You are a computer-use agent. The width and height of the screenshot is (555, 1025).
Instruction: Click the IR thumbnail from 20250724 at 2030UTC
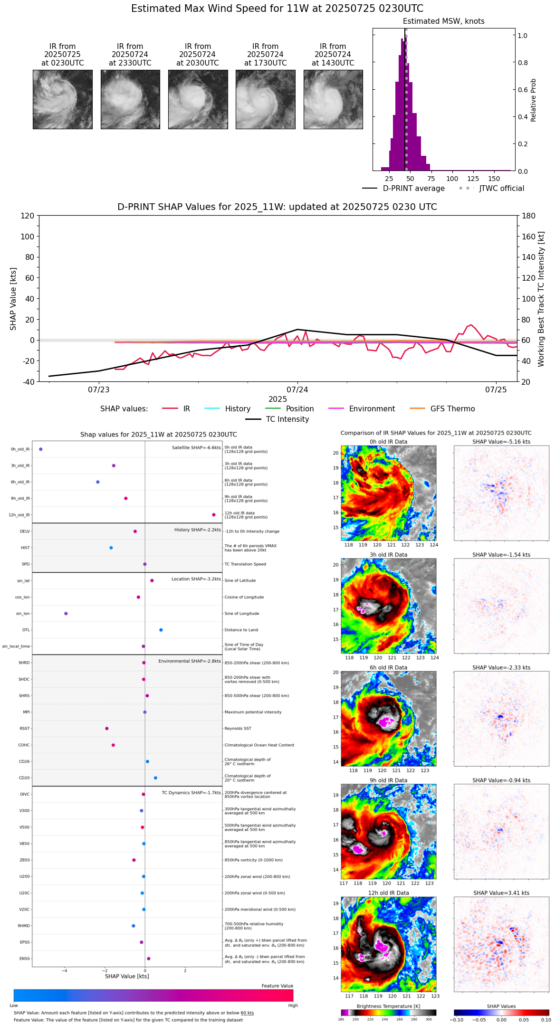[x=198, y=99]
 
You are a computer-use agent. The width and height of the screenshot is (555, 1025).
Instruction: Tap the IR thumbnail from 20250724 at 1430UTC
[x=333, y=99]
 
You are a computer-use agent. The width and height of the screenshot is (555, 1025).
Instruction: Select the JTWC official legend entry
[x=501, y=189]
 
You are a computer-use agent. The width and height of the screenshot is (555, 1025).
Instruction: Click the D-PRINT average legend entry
[x=413, y=189]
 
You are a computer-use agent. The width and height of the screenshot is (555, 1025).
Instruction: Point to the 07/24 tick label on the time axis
[x=297, y=390]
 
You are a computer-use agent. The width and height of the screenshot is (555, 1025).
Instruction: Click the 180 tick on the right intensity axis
[x=529, y=216]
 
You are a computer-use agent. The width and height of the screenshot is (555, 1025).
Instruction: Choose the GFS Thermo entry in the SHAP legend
[x=452, y=409]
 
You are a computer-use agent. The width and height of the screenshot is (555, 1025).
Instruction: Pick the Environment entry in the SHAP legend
[x=372, y=409]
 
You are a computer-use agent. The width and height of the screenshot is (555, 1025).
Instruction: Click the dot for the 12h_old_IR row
[x=214, y=515]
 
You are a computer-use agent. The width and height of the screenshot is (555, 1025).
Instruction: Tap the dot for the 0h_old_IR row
[x=41, y=449]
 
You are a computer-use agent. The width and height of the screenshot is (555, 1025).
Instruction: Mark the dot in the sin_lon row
[x=66, y=614]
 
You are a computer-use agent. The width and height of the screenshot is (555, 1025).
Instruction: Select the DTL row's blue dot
[x=161, y=630]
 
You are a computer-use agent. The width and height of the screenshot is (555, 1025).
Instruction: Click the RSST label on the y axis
[x=24, y=729]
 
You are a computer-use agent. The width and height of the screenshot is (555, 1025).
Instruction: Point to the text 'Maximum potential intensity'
[x=253, y=712]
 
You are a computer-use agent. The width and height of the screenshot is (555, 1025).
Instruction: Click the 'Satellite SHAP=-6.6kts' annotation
[x=196, y=447]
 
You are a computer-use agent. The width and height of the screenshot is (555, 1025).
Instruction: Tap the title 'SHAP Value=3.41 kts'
[x=501, y=893]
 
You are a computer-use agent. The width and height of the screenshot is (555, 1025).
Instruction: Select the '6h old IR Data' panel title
[x=388, y=667]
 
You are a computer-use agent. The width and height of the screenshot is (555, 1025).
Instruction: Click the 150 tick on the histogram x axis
[x=494, y=179]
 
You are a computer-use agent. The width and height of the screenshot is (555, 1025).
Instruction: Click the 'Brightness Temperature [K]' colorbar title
[x=388, y=1006]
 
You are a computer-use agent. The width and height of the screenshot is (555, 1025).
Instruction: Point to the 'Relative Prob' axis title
[x=533, y=100]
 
